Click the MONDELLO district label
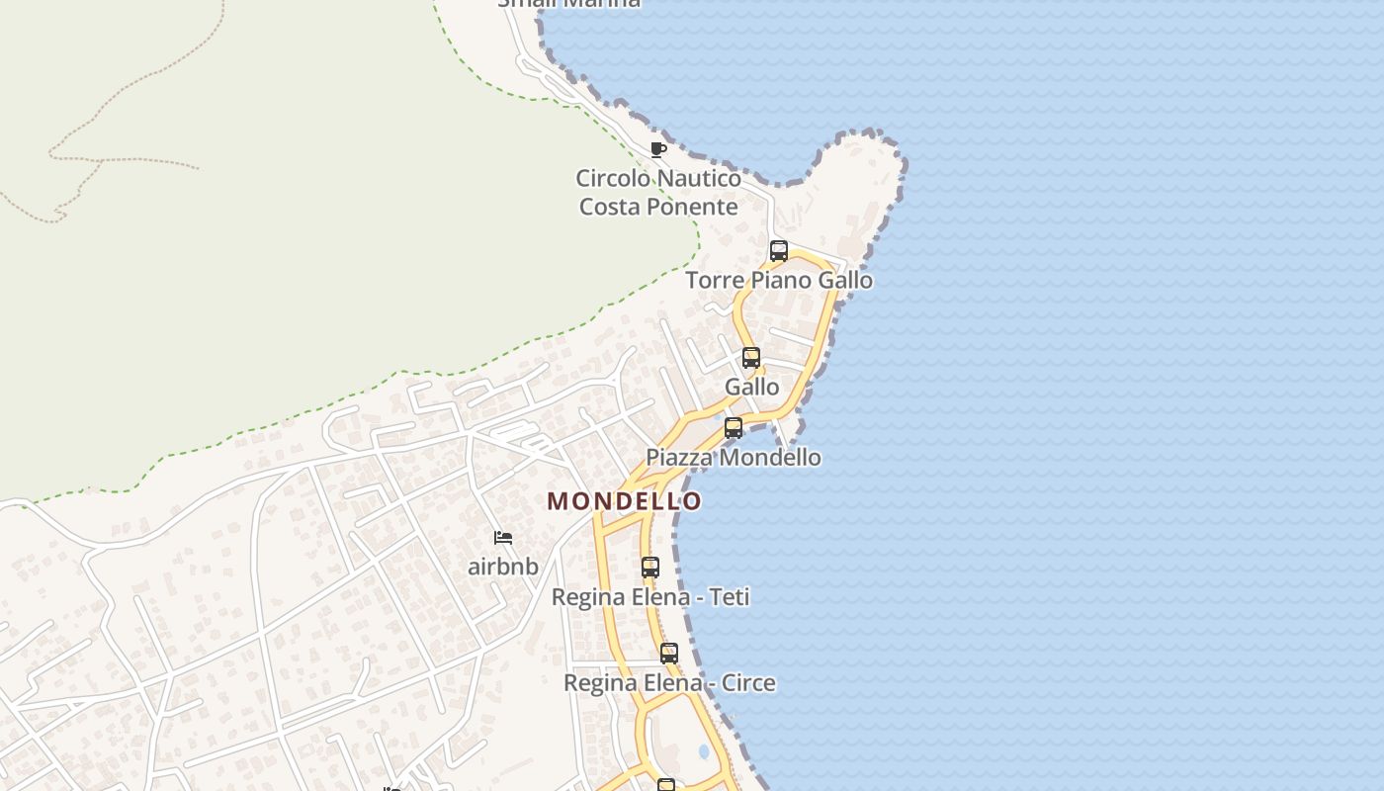625,501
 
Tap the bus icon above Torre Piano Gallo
779,251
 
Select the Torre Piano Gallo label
779,281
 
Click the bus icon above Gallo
751,358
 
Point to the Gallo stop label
752,388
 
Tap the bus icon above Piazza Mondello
734,428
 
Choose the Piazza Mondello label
734,458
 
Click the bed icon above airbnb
503,538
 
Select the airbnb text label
503,567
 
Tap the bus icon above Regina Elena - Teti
650,568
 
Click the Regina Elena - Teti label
650,597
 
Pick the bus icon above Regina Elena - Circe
669,654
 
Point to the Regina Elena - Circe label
669,683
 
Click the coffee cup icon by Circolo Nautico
658,150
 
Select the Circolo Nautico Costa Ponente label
658,193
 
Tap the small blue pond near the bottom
704,751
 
